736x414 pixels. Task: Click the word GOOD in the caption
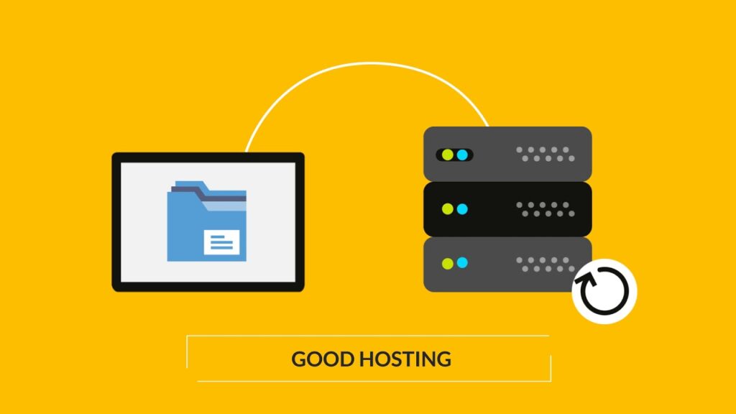point(323,359)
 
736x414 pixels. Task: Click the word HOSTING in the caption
point(405,359)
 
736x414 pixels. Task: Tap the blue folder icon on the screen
point(206,221)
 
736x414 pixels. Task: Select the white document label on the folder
point(221,243)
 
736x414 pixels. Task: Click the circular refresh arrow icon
point(604,291)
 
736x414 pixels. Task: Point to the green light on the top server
point(448,155)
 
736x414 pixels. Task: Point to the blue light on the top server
point(462,155)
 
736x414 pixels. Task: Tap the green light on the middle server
point(448,209)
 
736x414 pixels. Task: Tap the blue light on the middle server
point(462,209)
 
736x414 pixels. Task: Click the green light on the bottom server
point(448,263)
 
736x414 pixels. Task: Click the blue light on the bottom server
point(462,262)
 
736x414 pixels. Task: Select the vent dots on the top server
point(546,154)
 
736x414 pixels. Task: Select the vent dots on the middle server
point(546,209)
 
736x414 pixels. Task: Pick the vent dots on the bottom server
point(546,264)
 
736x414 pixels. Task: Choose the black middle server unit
point(507,209)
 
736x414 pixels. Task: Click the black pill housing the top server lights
point(454,155)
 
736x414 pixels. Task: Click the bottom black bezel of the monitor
point(208,287)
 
